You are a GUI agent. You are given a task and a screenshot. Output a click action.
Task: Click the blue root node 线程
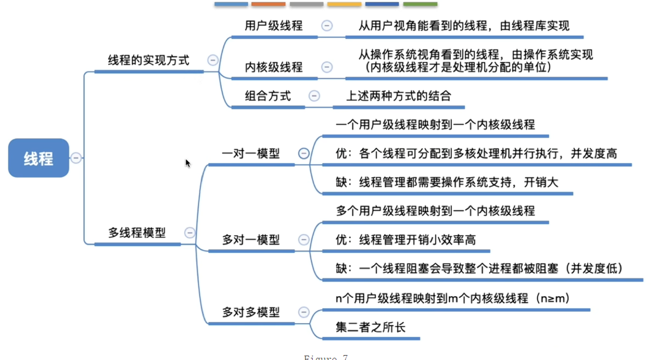coord(39,158)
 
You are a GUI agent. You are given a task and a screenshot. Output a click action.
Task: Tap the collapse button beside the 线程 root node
coord(76,158)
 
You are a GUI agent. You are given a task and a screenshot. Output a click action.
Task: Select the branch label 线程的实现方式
coord(149,60)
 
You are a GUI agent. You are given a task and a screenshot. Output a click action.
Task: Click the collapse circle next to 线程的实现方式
coord(212,60)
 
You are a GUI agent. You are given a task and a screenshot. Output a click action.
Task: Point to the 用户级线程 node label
coord(274,26)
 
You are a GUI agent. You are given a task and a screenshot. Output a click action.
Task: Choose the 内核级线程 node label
coord(274,67)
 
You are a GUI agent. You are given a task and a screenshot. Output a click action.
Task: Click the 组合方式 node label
coord(268,96)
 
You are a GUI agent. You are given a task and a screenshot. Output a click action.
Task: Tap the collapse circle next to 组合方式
coord(314,96)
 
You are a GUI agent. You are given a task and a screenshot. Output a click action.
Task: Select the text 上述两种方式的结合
coord(399,96)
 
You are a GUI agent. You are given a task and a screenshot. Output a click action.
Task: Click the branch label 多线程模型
coord(137,233)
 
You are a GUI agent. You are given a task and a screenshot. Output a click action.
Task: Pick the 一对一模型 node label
coord(250,154)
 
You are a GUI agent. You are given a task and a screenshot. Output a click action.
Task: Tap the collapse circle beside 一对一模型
coord(304,154)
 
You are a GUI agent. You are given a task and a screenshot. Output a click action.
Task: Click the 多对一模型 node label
coord(250,239)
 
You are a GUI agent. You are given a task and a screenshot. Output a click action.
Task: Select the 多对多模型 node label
coord(250,312)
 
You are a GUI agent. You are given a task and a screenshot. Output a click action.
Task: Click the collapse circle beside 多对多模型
coord(304,312)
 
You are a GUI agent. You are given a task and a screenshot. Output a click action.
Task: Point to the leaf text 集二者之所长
coord(370,327)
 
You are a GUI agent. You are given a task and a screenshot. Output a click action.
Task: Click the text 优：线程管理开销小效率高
coord(406,239)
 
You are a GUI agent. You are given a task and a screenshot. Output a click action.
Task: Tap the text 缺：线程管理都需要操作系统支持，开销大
coord(447,182)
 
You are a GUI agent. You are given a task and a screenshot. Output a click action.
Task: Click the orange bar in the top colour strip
coord(269,4)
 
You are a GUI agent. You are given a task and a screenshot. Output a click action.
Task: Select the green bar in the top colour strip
coord(420,4)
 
